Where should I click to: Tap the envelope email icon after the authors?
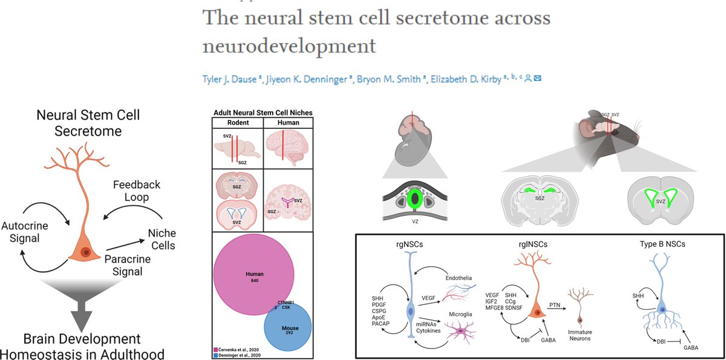point(537,78)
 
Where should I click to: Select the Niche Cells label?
point(162,238)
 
